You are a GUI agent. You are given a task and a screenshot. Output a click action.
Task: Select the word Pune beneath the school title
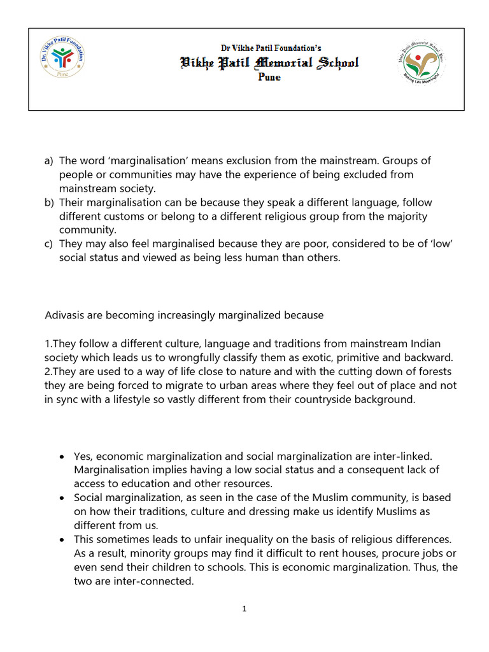coord(269,77)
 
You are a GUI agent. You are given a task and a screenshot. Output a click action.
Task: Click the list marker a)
coord(50,161)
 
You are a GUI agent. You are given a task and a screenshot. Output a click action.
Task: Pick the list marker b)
coord(50,202)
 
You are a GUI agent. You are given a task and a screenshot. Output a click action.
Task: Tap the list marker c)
coord(50,244)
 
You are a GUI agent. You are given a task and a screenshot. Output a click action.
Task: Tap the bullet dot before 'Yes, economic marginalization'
coord(60,457)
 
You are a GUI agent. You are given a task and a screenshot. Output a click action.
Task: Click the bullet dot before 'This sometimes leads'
coord(60,540)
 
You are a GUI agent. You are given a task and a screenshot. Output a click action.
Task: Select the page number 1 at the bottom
coord(244,609)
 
